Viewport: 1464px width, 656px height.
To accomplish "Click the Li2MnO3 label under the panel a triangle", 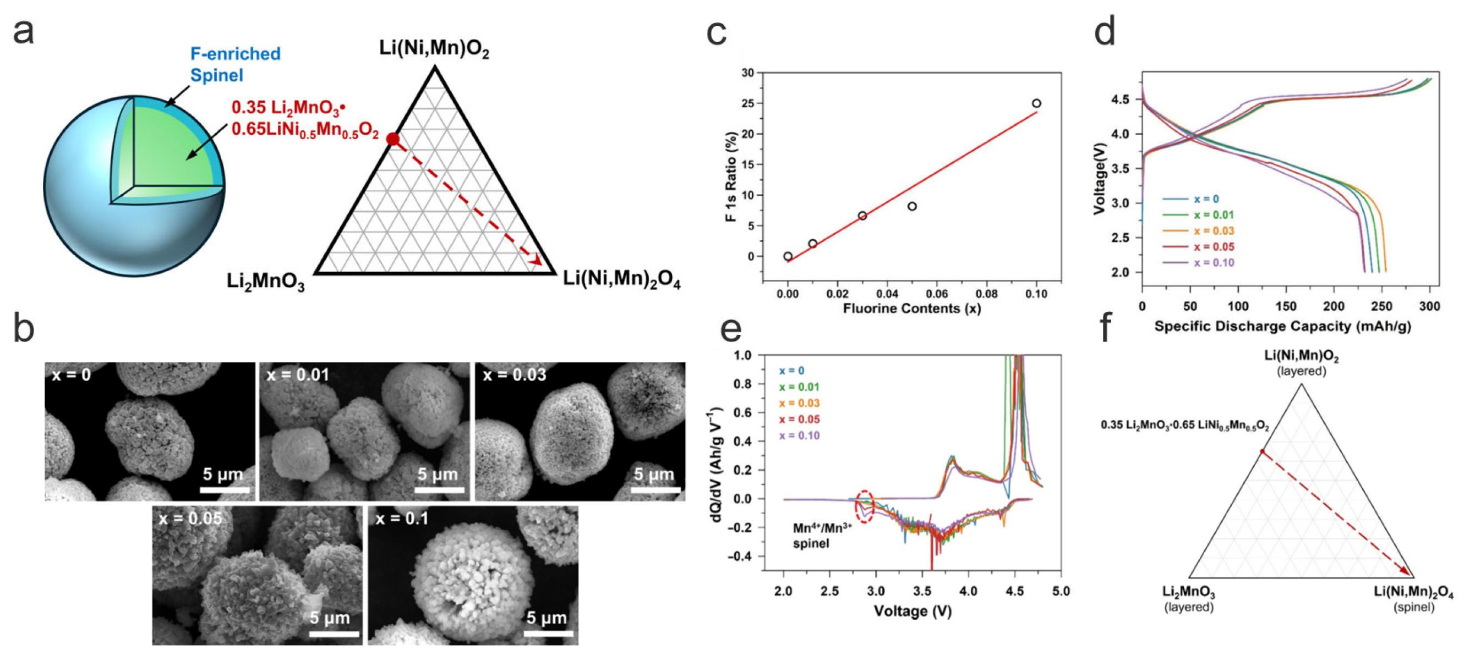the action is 266,282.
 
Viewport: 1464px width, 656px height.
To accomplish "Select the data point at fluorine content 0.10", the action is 1036,103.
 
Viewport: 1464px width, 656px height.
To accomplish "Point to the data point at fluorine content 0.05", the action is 912,206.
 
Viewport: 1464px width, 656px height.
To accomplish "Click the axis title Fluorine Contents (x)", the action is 911,308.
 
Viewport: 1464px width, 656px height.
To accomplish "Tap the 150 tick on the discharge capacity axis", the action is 1286,307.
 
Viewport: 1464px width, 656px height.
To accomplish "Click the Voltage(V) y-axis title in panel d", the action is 1100,178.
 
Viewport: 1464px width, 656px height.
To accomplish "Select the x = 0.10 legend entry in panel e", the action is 800,436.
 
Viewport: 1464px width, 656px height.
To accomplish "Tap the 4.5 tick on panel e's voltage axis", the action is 1014,591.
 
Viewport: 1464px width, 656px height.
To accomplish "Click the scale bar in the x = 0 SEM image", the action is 225,489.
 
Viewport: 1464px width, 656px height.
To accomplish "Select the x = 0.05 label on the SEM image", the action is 190,519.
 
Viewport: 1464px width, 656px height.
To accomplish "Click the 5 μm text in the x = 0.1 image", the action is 547,618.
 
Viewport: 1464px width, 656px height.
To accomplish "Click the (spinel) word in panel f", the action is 1414,607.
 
